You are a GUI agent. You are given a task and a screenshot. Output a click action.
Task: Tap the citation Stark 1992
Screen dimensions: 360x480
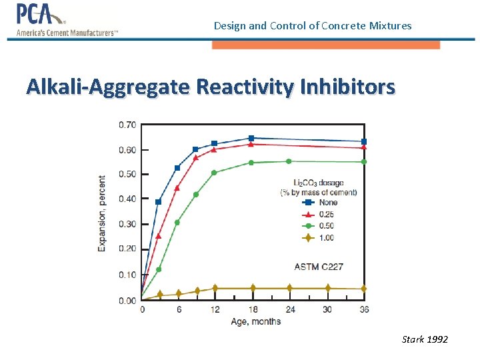click(x=425, y=339)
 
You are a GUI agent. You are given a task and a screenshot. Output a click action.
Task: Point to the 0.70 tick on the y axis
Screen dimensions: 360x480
click(x=127, y=125)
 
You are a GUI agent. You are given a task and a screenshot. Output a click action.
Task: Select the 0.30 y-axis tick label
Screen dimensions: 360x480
click(x=127, y=224)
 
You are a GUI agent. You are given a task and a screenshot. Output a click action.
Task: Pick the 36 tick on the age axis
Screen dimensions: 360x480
click(x=364, y=309)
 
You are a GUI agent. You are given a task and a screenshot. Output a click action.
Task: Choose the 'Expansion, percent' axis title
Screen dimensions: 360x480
click(x=102, y=213)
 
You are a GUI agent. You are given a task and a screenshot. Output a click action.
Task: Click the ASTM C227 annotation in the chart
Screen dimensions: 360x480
click(x=319, y=267)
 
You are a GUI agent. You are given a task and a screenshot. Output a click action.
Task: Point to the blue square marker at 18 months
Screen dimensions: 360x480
click(x=251, y=139)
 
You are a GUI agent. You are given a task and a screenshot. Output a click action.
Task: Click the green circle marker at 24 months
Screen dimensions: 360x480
click(x=289, y=161)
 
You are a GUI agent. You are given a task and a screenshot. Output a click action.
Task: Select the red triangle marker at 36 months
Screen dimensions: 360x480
click(x=364, y=147)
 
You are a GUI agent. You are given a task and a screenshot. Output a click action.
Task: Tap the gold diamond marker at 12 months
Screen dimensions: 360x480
click(x=214, y=288)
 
